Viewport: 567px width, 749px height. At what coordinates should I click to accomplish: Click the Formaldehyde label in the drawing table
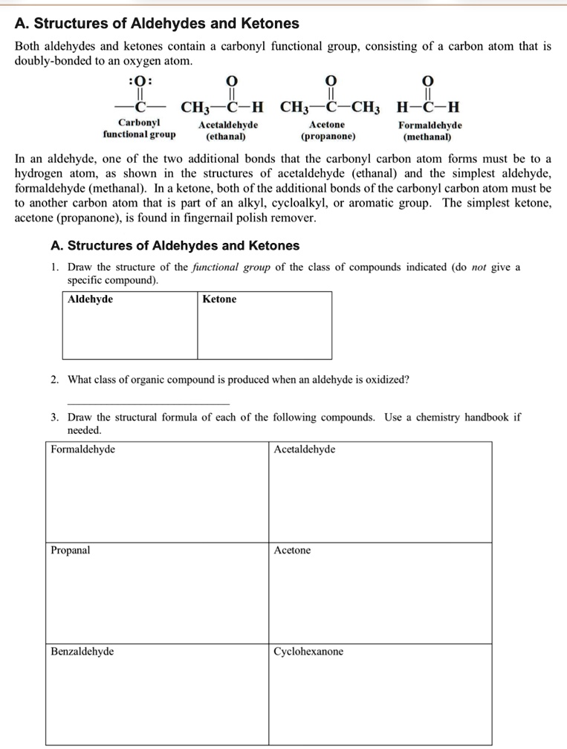[x=82, y=450]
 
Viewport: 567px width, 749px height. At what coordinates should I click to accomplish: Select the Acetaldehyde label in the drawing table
[x=304, y=450]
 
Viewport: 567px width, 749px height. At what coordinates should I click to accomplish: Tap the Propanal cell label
[x=71, y=551]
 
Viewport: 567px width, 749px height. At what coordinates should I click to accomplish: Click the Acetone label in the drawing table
[x=292, y=551]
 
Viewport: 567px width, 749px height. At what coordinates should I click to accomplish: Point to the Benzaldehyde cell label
[x=82, y=652]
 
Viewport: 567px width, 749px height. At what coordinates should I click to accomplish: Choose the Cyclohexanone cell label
[x=308, y=652]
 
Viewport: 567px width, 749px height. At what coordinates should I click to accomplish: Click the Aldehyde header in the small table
[x=90, y=299]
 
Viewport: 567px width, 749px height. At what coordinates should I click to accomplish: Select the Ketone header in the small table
[x=219, y=299]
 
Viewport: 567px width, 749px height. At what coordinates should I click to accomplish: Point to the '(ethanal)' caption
[x=228, y=137]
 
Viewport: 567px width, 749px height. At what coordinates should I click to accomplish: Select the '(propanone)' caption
[x=328, y=137]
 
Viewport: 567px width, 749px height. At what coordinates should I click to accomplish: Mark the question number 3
[x=55, y=418]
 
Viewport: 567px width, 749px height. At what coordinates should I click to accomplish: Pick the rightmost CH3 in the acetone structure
[x=366, y=105]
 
